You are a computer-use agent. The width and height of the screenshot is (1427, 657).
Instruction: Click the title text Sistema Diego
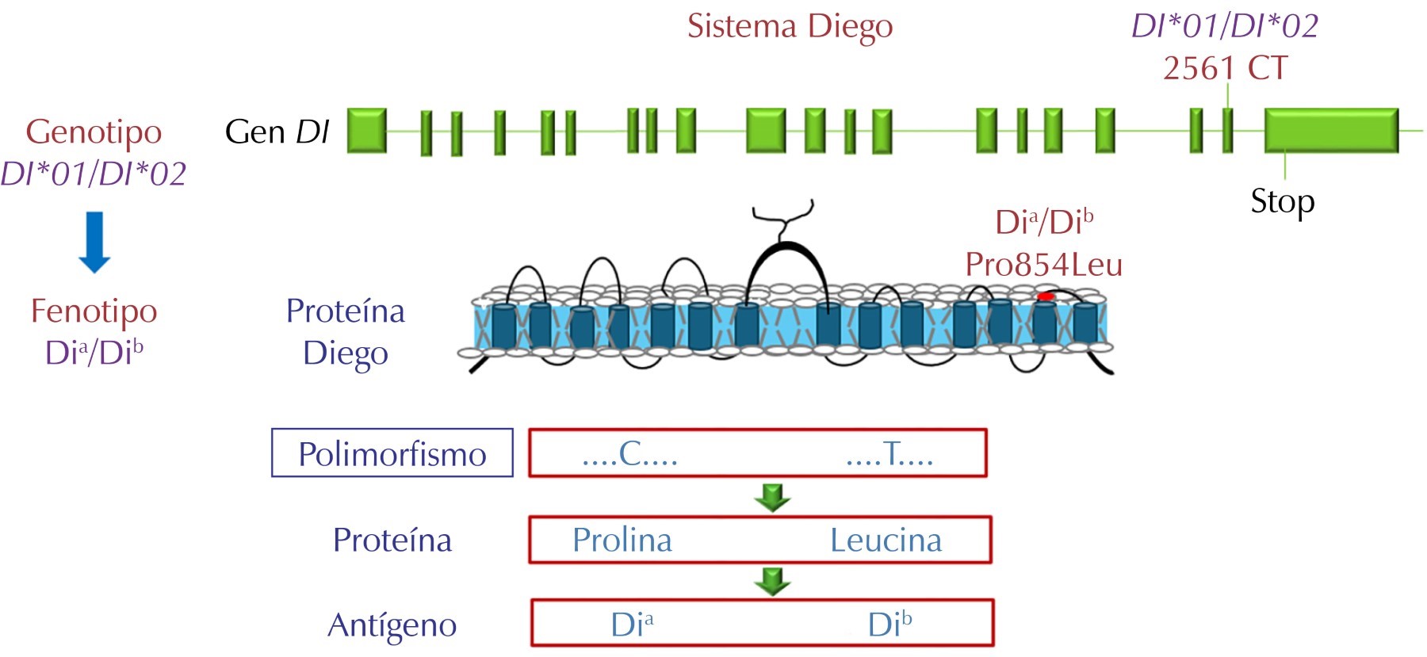click(x=790, y=26)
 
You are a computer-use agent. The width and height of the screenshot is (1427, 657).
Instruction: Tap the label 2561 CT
click(x=1225, y=69)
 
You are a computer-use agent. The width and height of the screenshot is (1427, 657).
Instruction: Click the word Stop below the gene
click(x=1282, y=201)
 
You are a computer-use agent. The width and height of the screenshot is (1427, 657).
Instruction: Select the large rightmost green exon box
click(x=1331, y=131)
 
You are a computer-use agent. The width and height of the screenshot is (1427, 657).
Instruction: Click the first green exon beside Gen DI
click(x=367, y=130)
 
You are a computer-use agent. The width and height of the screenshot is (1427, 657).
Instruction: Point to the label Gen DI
click(x=277, y=132)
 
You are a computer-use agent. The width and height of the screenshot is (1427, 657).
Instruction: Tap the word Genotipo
click(x=94, y=132)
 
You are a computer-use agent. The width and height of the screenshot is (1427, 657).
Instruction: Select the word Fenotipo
click(x=94, y=311)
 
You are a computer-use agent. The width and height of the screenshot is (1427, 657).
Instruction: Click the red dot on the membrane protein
click(x=1046, y=296)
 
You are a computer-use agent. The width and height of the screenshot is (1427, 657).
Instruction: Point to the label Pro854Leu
click(x=1043, y=265)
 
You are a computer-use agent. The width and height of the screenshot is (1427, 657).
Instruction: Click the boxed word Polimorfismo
click(x=392, y=454)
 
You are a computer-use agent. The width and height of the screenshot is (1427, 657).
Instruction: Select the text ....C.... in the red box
click(x=630, y=454)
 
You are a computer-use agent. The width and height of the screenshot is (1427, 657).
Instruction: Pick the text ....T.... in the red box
click(x=889, y=454)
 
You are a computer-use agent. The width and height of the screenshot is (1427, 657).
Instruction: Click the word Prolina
click(x=622, y=540)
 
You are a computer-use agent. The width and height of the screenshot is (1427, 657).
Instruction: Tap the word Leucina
click(x=886, y=540)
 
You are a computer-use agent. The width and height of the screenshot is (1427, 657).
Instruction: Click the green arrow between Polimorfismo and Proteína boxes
click(x=772, y=498)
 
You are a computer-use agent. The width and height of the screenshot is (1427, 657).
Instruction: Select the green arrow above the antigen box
click(x=772, y=581)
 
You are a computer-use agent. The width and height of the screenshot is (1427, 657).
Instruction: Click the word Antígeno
click(x=392, y=625)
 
